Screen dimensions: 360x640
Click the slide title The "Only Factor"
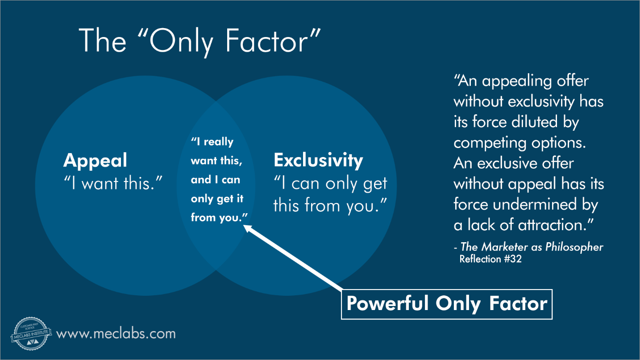coord(200,41)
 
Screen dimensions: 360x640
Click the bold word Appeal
coord(95,160)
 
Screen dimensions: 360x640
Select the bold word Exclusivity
coord(318,160)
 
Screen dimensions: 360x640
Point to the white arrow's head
coord(246,228)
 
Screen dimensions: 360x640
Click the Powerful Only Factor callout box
coord(446,304)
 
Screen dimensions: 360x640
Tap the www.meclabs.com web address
coord(116,334)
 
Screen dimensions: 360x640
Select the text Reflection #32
coord(490,259)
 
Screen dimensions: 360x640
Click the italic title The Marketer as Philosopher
coord(532,247)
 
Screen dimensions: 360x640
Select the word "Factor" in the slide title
coord(274,41)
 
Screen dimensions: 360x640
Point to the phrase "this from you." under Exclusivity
coord(329,205)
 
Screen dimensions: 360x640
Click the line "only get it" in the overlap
coord(217,199)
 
